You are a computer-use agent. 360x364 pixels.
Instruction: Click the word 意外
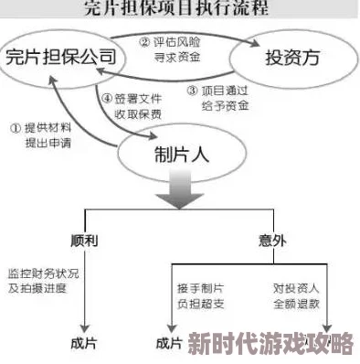coord(270,241)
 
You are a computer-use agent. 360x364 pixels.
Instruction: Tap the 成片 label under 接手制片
coord(169,344)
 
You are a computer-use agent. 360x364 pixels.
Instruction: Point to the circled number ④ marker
coord(107,99)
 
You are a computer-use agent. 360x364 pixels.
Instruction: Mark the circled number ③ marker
coord(192,91)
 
